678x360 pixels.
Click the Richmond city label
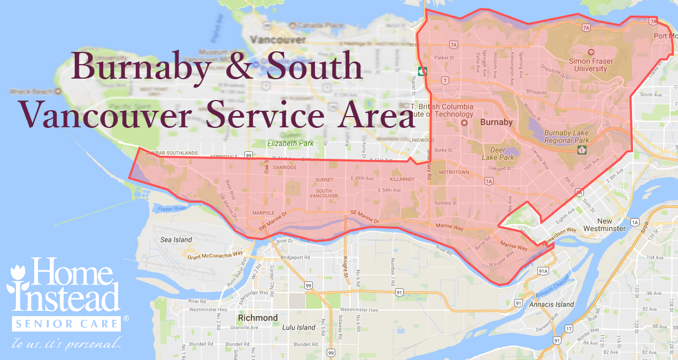point(258,318)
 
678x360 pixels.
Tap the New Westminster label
point(604,225)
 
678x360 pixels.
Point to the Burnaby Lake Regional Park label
point(566,136)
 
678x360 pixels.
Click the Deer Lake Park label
point(498,154)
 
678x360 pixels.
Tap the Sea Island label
point(176,240)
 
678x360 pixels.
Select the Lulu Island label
point(299,327)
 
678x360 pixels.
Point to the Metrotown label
point(453,173)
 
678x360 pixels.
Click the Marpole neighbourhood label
point(263,213)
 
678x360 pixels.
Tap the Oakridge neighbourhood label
point(284,167)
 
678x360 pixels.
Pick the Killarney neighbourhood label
point(402,179)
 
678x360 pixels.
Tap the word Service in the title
point(269,113)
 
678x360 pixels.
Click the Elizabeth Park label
point(290,143)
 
